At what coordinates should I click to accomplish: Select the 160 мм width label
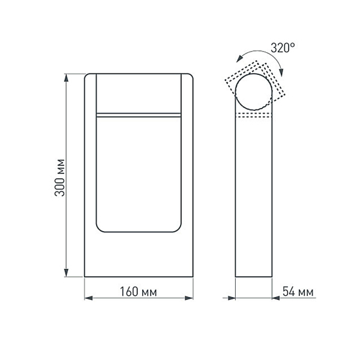point(139,292)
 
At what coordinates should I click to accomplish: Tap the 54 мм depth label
point(298,292)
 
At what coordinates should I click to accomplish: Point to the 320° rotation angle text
point(283,48)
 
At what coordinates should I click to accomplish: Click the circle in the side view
point(255,92)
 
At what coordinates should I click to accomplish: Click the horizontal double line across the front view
point(139,113)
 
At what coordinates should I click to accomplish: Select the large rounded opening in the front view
point(139,174)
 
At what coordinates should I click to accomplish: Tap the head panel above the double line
point(139,92)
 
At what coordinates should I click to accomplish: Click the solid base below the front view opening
point(139,255)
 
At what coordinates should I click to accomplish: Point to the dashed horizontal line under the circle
point(255,115)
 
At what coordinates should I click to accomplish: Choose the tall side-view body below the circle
point(255,198)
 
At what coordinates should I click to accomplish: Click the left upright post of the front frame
point(89,174)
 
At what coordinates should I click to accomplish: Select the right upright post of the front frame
point(188,174)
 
